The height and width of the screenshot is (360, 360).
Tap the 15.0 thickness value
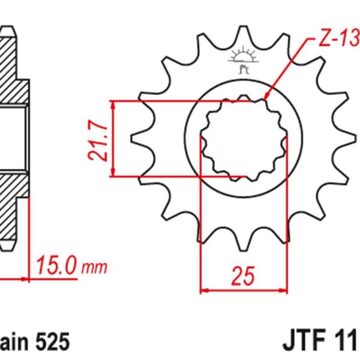click(57, 265)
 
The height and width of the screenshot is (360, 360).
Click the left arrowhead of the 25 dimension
click(203, 291)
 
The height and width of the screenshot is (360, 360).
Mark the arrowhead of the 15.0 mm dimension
click(26, 278)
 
